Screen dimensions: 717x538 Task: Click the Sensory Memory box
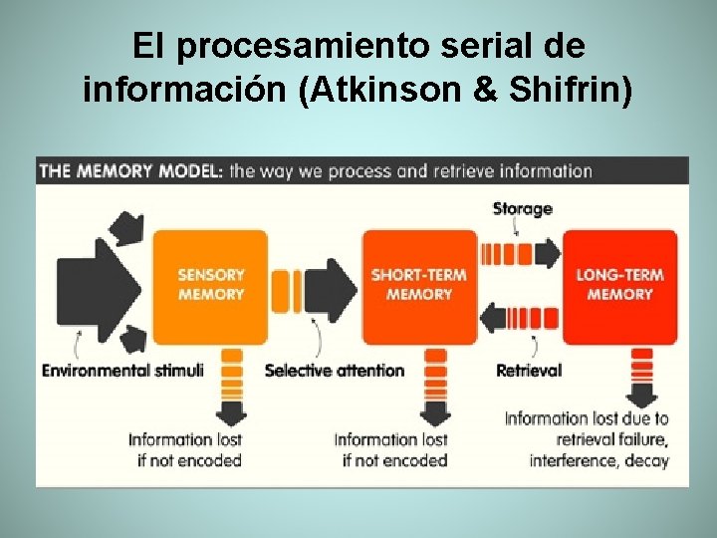pos(210,286)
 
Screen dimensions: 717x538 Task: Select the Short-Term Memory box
pos(419,286)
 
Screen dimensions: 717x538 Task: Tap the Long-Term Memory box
pos(619,286)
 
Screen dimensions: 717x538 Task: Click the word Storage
pos(522,208)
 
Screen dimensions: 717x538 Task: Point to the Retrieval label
pos(529,371)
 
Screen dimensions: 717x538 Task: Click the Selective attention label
pos(335,371)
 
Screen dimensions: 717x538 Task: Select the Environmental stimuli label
pos(122,371)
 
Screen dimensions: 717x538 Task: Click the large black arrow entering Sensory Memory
pos(95,286)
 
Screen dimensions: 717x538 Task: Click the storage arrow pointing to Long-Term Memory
pos(521,253)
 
